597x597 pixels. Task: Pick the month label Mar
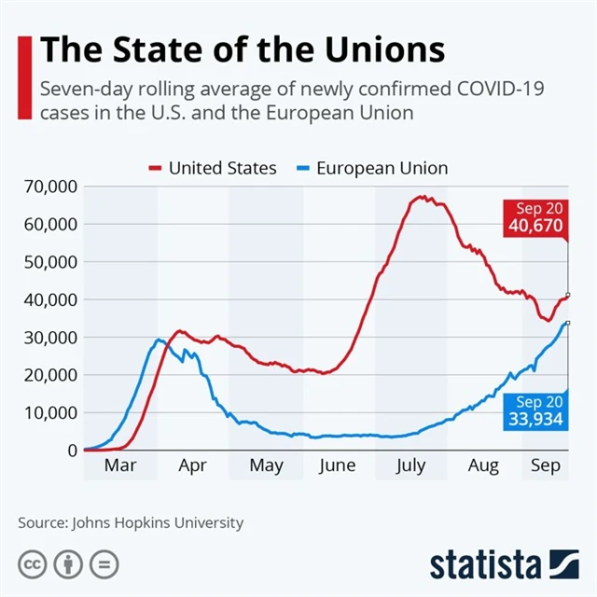tap(119, 465)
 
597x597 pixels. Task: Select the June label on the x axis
tap(338, 465)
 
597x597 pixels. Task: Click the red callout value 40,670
tap(535, 226)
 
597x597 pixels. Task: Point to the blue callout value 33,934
tap(535, 419)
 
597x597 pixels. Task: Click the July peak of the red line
tap(422, 197)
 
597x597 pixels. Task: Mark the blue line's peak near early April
tap(160, 340)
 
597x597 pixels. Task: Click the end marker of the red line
tap(568, 296)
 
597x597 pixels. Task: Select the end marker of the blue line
tap(568, 323)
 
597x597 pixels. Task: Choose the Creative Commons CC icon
tap(34, 564)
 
